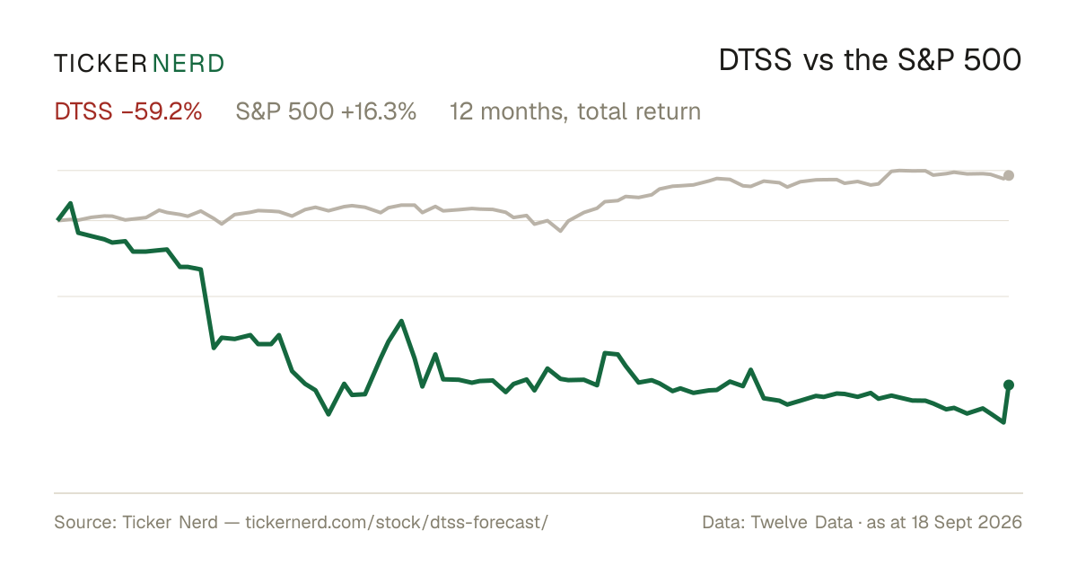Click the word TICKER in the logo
tap(101, 64)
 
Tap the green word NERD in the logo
tap(188, 64)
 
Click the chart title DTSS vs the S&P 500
tap(870, 61)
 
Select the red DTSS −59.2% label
tap(127, 111)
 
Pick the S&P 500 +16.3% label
tap(326, 111)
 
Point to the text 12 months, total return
tap(575, 112)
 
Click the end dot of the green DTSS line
tap(1009, 385)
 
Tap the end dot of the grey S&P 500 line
tap(1009, 176)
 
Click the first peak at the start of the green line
tap(71, 204)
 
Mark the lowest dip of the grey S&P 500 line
tap(560, 231)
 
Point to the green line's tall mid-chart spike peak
tap(401, 321)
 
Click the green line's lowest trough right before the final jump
tap(1003, 422)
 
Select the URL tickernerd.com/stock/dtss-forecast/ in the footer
tap(397, 522)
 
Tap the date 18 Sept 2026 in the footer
tap(967, 522)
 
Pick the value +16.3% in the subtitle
tap(379, 111)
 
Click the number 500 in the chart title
tap(993, 61)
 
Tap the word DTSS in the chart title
tap(756, 61)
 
